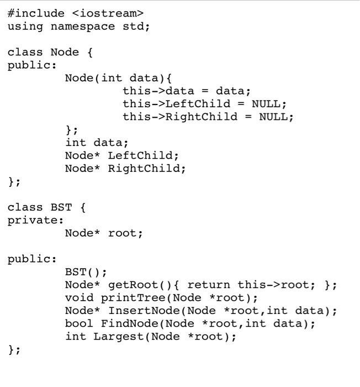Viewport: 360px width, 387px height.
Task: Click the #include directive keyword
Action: coord(36,13)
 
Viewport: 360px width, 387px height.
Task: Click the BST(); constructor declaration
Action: coord(86,272)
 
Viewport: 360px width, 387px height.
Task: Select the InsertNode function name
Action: coord(136,311)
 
